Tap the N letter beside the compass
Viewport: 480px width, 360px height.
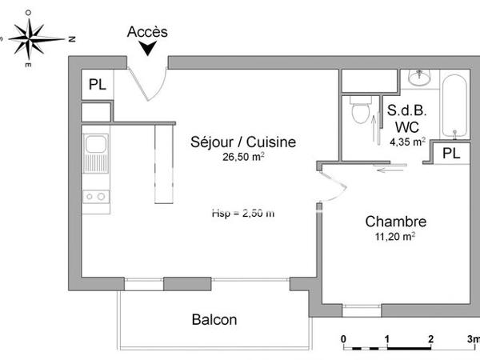tap(72, 38)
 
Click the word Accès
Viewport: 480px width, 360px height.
tap(148, 32)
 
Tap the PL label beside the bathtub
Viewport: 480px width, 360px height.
tap(451, 153)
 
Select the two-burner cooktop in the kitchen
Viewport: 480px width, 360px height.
tap(97, 196)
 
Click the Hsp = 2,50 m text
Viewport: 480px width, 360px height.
tap(242, 213)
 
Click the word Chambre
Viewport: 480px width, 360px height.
tap(395, 222)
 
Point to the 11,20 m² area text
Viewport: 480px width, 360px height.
tap(396, 237)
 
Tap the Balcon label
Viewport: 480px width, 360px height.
tap(214, 320)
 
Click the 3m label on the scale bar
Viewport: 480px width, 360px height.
tap(473, 339)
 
